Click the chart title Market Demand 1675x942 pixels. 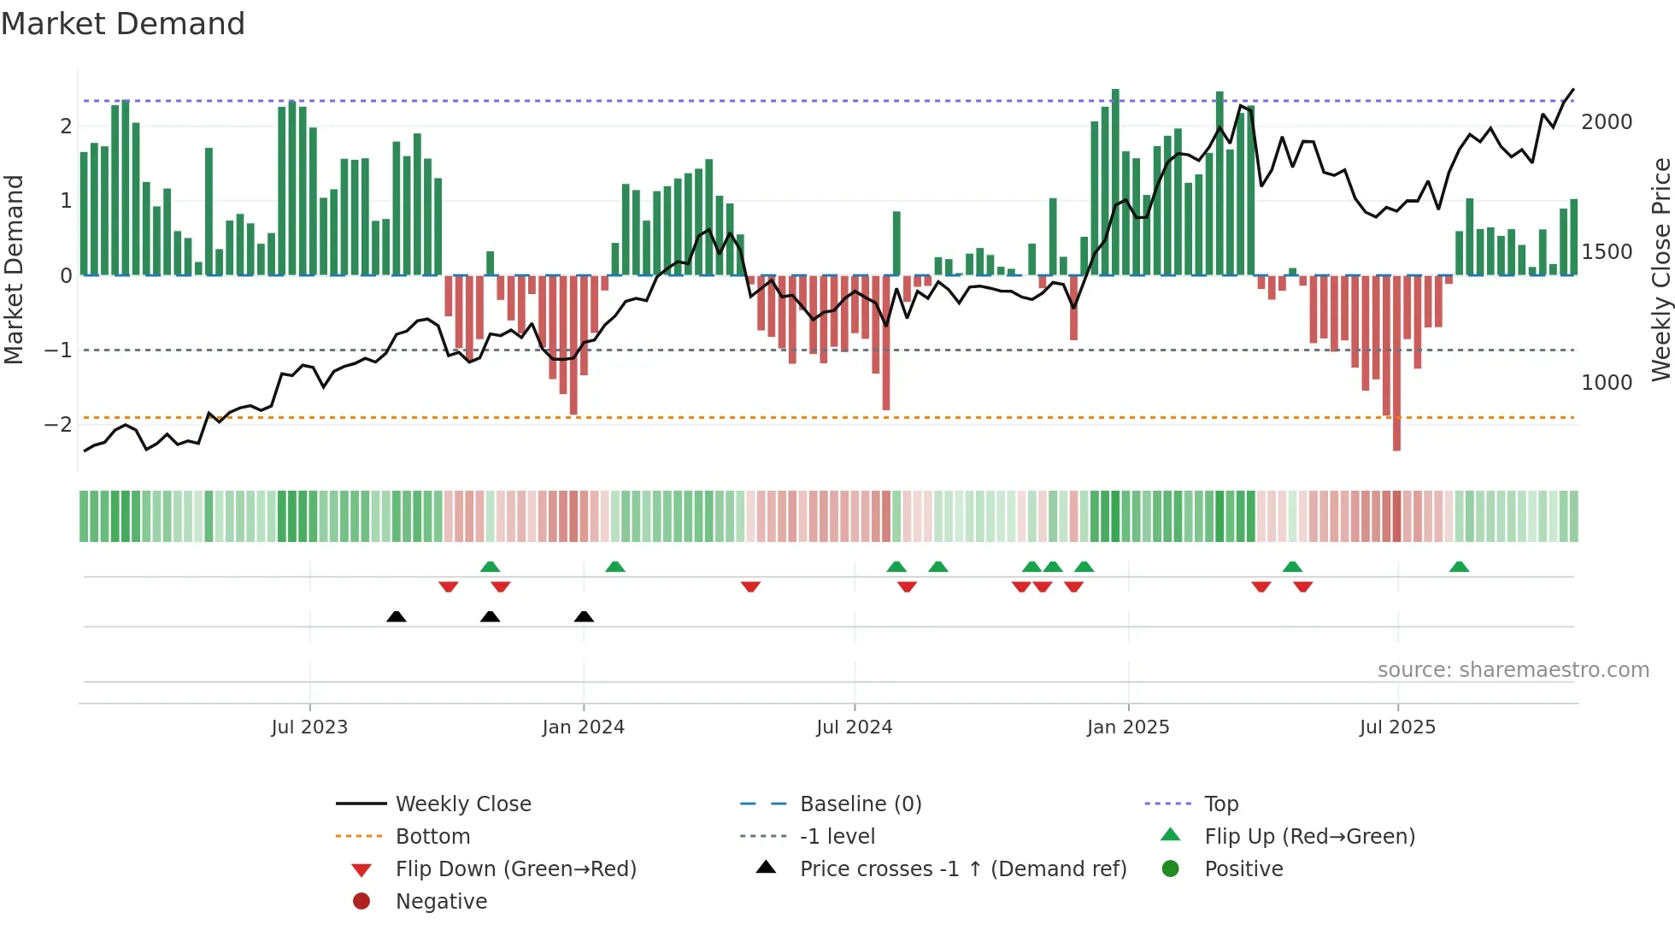tap(123, 24)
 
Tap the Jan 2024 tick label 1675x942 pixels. tap(583, 727)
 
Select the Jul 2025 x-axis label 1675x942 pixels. tap(1397, 727)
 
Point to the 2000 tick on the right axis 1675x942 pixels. tap(1607, 122)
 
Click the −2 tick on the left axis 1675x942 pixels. tap(59, 425)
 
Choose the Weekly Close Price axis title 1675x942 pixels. tap(1660, 269)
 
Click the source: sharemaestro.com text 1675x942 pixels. tap(1513, 670)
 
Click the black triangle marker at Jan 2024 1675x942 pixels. tap(584, 617)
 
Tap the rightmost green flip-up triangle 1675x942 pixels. tap(1459, 567)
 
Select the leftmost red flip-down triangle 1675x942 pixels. tap(449, 586)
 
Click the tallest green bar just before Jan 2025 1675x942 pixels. tap(1115, 180)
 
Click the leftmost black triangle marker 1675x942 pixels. tap(397, 617)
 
